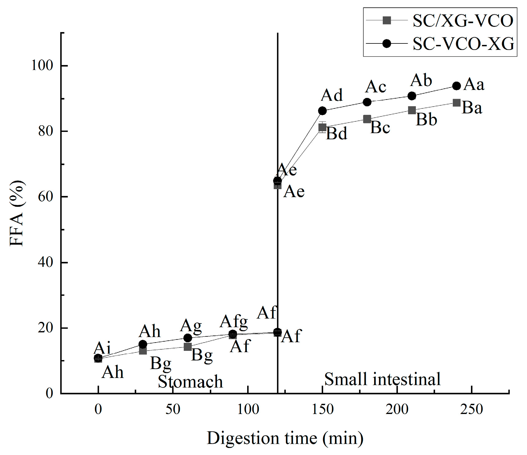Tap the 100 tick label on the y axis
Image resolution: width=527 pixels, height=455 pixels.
point(42,65)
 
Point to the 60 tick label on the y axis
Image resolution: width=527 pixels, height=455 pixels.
point(45,197)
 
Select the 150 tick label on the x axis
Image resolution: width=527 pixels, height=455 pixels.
point(322,409)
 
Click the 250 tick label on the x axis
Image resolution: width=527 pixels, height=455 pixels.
point(472,409)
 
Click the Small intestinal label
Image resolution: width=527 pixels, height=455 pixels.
point(382,379)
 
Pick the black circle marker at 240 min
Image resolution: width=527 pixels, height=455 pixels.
point(456,86)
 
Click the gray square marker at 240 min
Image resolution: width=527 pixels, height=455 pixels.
point(456,103)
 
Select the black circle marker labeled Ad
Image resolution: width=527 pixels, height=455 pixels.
point(322,111)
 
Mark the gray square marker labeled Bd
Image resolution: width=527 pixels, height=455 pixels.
point(322,127)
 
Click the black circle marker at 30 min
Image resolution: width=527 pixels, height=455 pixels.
point(143,344)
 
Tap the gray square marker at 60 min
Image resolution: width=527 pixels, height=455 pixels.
point(187,347)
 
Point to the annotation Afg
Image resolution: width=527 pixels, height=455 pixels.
point(234,322)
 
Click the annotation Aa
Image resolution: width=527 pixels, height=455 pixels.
point(474,84)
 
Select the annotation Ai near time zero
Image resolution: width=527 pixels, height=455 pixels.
point(102,348)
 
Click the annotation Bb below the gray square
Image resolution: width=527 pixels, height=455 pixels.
point(426,120)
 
